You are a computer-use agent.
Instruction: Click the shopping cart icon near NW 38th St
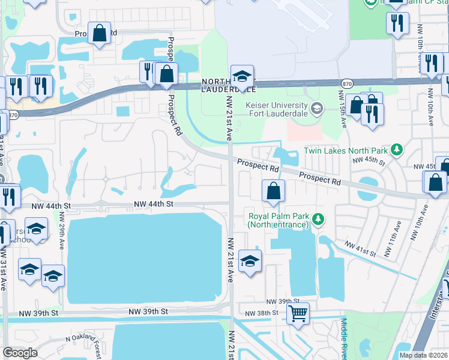tap(298, 313)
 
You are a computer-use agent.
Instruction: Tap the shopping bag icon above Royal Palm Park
tap(273, 191)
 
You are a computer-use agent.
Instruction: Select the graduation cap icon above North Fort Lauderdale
tap(242, 76)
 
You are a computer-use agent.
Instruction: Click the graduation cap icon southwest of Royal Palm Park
tap(250, 261)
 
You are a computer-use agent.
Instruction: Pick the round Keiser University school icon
tap(318, 109)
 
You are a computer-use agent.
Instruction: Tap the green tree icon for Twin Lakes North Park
tap(396, 149)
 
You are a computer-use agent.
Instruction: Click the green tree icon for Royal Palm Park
tap(319, 220)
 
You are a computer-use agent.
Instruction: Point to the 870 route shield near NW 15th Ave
tap(346, 83)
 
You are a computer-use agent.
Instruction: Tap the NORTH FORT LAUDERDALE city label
tap(228, 85)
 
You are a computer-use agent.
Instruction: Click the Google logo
tap(20, 353)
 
